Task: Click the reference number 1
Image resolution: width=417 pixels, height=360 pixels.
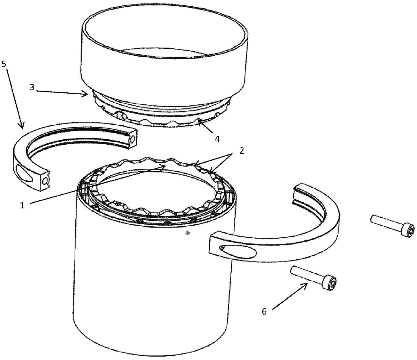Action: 22,205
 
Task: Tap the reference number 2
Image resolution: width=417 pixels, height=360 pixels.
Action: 242,151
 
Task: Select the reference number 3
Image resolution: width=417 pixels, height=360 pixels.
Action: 32,88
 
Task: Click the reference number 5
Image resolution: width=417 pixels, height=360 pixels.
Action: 4,64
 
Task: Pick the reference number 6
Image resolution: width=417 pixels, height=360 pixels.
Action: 264,312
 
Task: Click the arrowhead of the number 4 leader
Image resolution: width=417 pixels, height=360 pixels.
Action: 199,121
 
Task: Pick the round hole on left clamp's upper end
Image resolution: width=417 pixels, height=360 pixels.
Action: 133,139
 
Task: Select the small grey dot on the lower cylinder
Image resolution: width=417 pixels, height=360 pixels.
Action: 188,233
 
